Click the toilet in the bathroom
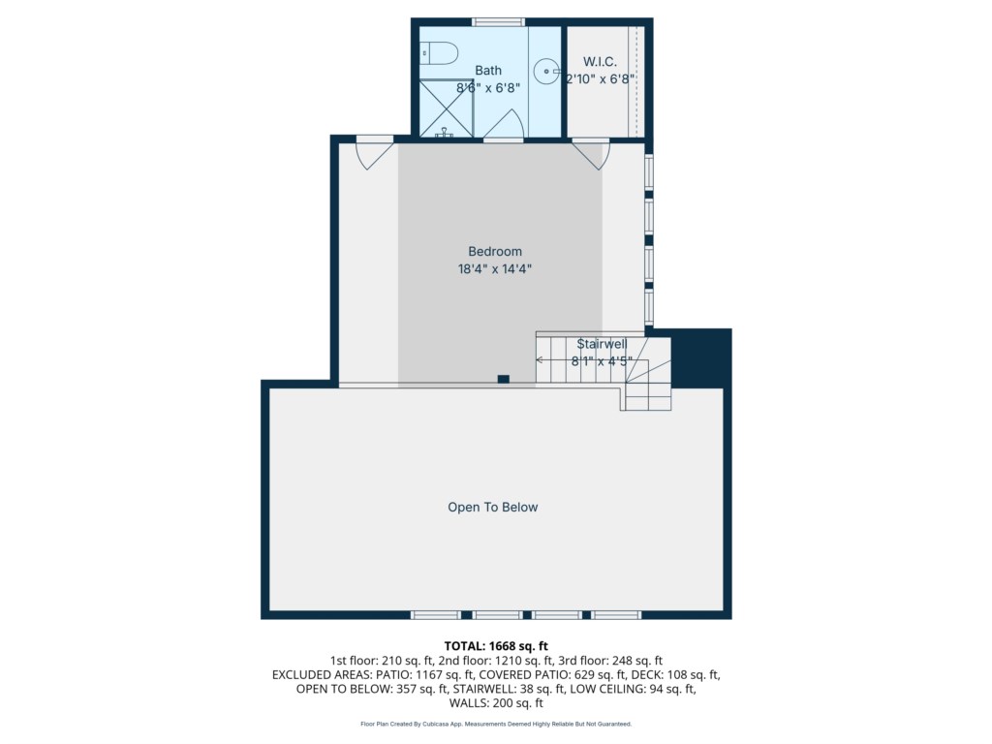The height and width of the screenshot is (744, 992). point(439,53)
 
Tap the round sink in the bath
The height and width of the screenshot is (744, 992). point(546,71)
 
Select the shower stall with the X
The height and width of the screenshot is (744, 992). point(446,108)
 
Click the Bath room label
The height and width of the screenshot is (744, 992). point(488,70)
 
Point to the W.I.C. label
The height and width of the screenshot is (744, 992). point(600,61)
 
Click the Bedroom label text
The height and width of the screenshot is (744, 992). point(495,251)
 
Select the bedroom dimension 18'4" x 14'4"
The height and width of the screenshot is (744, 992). point(495,269)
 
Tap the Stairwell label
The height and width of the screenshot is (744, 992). point(602,344)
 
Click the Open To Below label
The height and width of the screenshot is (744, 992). point(493,507)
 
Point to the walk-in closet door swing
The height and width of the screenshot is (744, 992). point(592,154)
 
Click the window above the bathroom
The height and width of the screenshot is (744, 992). point(499,22)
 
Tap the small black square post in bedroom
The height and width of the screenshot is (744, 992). point(504,379)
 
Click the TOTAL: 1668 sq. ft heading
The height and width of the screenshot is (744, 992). point(496,646)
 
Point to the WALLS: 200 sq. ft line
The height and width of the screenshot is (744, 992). point(496,703)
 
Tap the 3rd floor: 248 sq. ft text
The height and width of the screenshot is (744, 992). point(610,661)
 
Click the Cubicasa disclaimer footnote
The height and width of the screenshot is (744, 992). point(496,724)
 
